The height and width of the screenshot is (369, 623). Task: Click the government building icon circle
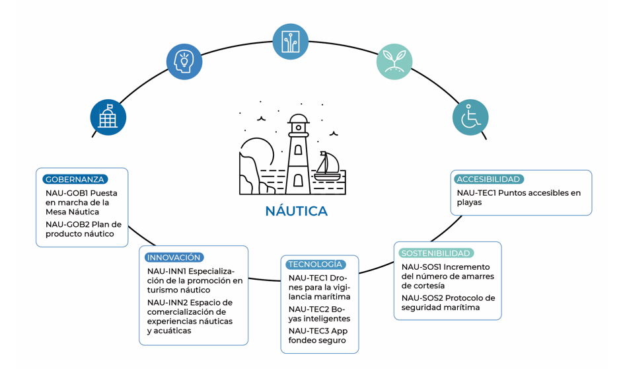(108, 118)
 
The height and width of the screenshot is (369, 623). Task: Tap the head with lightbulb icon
(184, 62)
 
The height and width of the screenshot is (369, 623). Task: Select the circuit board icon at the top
(291, 42)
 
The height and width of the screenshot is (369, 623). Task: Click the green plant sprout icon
(394, 62)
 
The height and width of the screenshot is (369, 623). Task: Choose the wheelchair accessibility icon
(470, 118)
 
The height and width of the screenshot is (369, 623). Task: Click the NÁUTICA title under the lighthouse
(297, 212)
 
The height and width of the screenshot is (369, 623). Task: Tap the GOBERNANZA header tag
(75, 179)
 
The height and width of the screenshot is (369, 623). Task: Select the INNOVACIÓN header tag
(173, 257)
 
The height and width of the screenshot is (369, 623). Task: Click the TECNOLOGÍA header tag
(315, 265)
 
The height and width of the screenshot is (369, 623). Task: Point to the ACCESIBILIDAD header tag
(488, 179)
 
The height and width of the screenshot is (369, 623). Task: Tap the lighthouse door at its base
(298, 181)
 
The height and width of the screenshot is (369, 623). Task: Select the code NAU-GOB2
(67, 224)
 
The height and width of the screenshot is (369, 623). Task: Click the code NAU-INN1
(166, 271)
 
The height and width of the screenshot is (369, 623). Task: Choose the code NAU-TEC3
(309, 331)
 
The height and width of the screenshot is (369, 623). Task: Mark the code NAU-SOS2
(421, 298)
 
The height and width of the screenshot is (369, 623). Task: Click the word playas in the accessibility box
(469, 202)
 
